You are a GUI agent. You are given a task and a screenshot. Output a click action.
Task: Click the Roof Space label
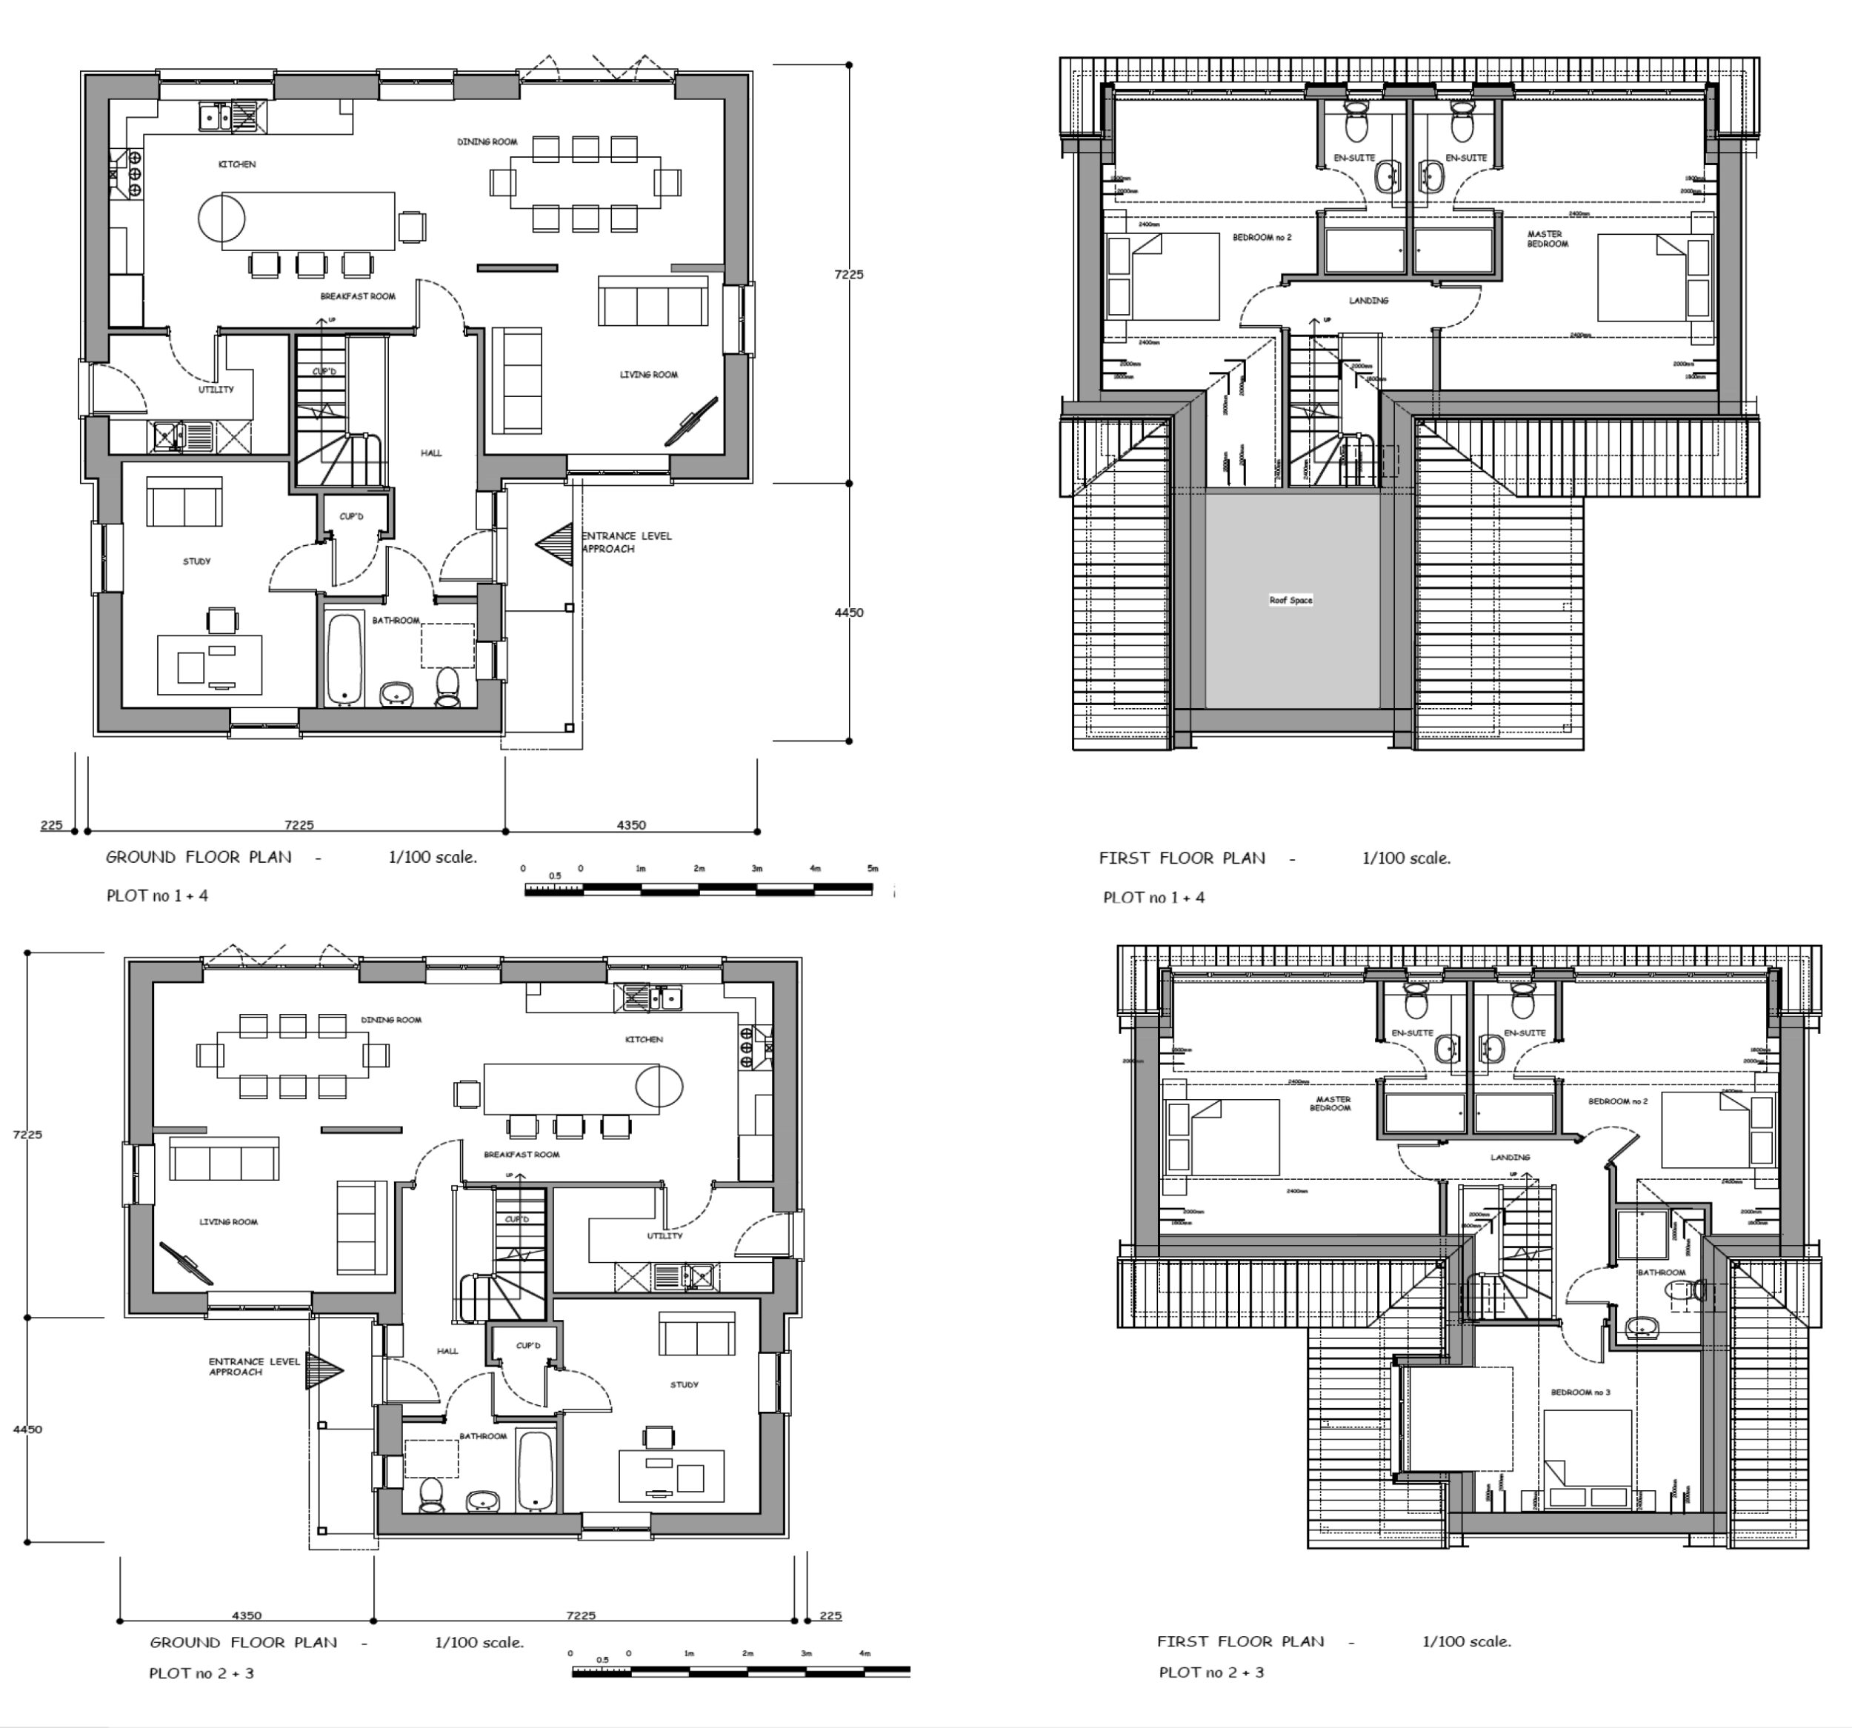click(x=1290, y=600)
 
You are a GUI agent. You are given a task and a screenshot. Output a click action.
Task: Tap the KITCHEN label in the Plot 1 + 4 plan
click(x=236, y=164)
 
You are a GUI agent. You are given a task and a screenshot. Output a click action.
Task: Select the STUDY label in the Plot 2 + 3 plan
click(x=684, y=1384)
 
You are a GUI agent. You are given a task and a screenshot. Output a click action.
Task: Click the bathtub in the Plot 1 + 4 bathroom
click(x=344, y=658)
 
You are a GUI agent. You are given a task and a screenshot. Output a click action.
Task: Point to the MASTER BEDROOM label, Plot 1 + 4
click(x=1547, y=239)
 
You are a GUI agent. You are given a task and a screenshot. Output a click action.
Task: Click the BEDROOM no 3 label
click(x=1580, y=1392)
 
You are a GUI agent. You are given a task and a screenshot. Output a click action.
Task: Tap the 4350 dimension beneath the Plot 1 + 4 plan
click(x=630, y=824)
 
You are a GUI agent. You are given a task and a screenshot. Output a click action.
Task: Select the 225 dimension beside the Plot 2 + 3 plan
click(x=829, y=1615)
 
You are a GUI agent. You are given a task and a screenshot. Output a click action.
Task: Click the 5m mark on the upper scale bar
click(x=873, y=868)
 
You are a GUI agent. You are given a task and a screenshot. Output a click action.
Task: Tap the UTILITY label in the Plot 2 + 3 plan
click(x=664, y=1235)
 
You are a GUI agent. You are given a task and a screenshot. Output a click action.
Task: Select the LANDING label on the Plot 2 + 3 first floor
click(x=1510, y=1157)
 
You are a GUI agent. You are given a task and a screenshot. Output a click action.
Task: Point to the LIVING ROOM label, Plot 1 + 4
click(x=648, y=375)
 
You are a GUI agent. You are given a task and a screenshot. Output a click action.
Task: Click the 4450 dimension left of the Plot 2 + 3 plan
click(x=28, y=1429)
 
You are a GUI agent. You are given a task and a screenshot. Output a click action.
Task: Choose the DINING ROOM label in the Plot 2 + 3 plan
click(x=391, y=1019)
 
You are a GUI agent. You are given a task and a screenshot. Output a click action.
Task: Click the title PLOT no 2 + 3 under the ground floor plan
click(x=201, y=1673)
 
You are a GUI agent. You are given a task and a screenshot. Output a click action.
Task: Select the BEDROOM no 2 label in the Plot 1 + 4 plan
click(x=1262, y=238)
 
